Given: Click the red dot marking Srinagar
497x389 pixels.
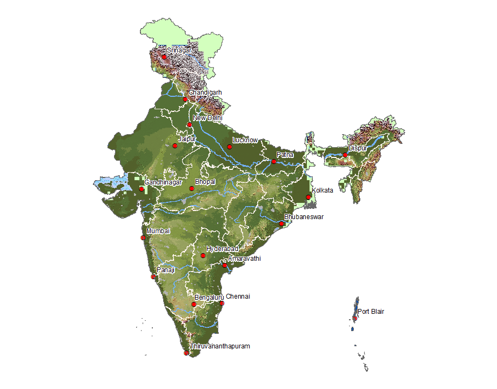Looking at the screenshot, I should coord(164,57).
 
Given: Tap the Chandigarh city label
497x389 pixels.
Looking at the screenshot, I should coord(205,93).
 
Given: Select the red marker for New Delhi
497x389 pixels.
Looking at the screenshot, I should coord(189,125).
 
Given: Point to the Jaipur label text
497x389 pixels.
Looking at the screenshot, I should coord(186,139).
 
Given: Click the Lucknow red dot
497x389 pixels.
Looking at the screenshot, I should coord(229,147).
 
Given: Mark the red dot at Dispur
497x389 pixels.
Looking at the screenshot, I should coord(345,155).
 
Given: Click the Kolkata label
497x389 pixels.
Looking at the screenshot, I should coord(323,190).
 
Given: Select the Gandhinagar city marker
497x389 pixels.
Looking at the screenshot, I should coord(142,189).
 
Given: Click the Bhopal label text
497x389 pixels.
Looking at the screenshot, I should coord(205,182).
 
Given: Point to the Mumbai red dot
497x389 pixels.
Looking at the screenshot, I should coord(143,238).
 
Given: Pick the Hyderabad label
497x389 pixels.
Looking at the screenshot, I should coord(222,248).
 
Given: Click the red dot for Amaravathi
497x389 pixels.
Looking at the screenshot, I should coord(225,265).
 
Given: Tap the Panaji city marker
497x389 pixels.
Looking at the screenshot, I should coord(154,277).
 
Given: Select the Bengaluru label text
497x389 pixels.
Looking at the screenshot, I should coord(209,298).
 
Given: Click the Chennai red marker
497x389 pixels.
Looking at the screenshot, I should coord(221,303).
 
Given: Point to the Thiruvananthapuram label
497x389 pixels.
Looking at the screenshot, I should coord(220,346).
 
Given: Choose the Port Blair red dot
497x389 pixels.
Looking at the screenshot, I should coord(355,318).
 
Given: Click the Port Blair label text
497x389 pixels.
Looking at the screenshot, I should coord(371,312).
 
